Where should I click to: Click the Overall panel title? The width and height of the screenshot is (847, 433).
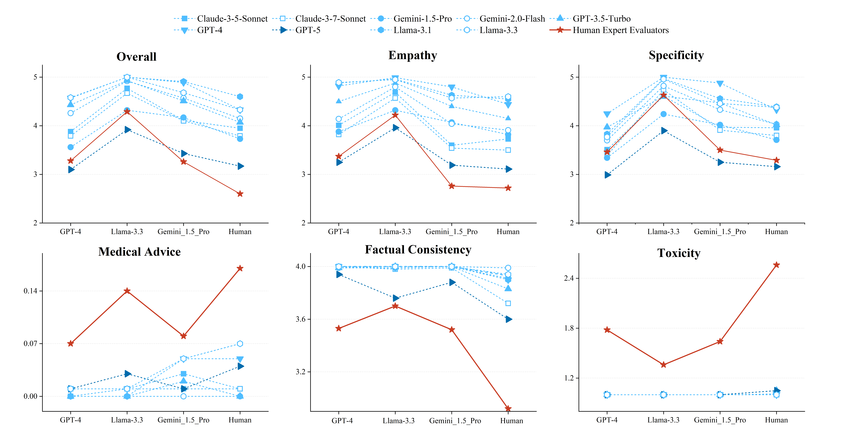(136, 57)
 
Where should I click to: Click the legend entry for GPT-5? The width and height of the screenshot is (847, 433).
(307, 30)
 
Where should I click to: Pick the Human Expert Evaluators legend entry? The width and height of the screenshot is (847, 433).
(620, 30)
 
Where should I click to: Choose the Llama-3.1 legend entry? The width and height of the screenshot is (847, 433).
(412, 30)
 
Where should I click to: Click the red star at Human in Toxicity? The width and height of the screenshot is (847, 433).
(776, 265)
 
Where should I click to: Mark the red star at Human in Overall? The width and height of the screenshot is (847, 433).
(240, 194)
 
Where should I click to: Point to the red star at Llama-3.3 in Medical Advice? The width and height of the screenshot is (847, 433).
(127, 291)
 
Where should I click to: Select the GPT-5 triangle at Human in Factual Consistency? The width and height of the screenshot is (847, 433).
(509, 319)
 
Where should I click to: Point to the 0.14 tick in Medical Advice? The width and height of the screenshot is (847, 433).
(30, 291)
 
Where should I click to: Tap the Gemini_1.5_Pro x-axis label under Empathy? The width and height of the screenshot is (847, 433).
(451, 232)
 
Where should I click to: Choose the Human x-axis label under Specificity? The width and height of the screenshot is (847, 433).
(776, 232)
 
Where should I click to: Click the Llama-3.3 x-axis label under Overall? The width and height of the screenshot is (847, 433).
(127, 232)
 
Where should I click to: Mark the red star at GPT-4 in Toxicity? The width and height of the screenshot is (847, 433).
(607, 330)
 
